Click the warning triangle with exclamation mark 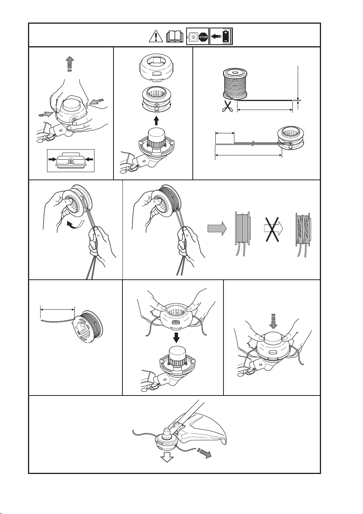156,37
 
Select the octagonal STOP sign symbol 203,37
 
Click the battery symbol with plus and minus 226,36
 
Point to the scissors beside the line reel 227,106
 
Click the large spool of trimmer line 235,84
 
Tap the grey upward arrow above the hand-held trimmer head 70,64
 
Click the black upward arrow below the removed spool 156,120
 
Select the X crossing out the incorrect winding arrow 272,229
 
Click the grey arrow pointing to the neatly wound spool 217,228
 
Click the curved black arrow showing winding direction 75,224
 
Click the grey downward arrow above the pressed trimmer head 273,321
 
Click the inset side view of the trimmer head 71,160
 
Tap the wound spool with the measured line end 88,327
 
